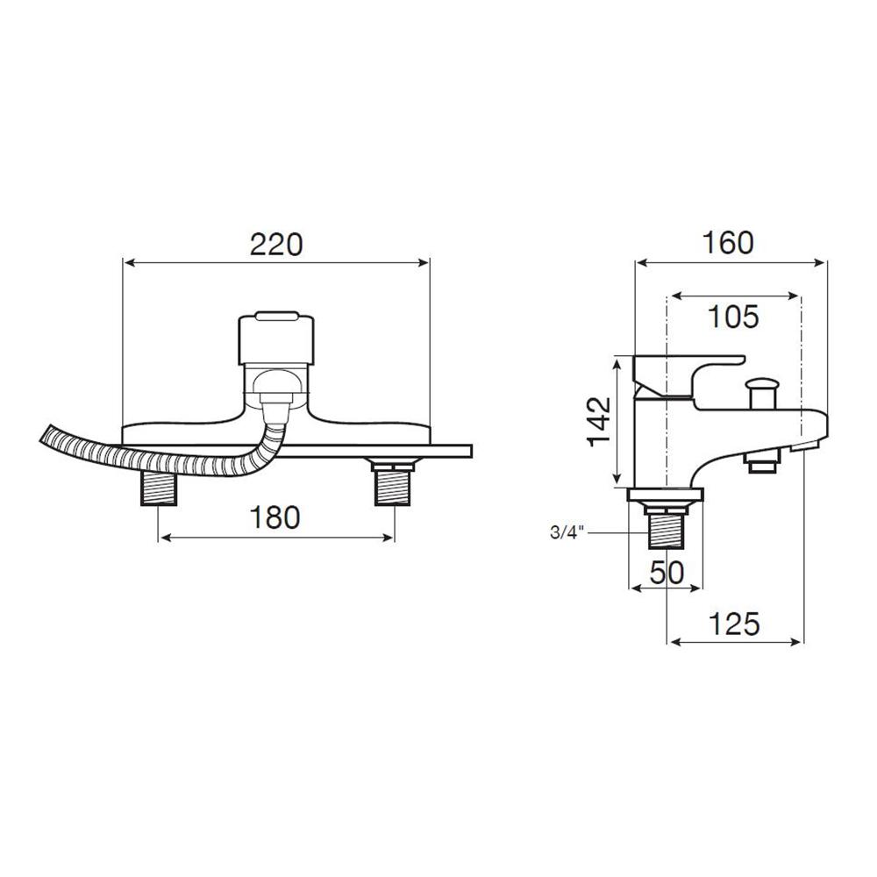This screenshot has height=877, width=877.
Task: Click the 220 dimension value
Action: tap(275, 245)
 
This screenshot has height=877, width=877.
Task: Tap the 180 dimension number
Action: tap(274, 517)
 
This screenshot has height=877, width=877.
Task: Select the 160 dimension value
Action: tap(728, 243)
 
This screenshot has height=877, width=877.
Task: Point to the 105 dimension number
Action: tap(733, 317)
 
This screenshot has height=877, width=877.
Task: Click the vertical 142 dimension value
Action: tap(599, 421)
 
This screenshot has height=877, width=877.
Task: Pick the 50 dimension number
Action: tap(667, 572)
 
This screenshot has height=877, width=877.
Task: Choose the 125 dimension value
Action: tap(734, 624)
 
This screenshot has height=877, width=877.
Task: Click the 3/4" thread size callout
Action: tap(567, 532)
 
